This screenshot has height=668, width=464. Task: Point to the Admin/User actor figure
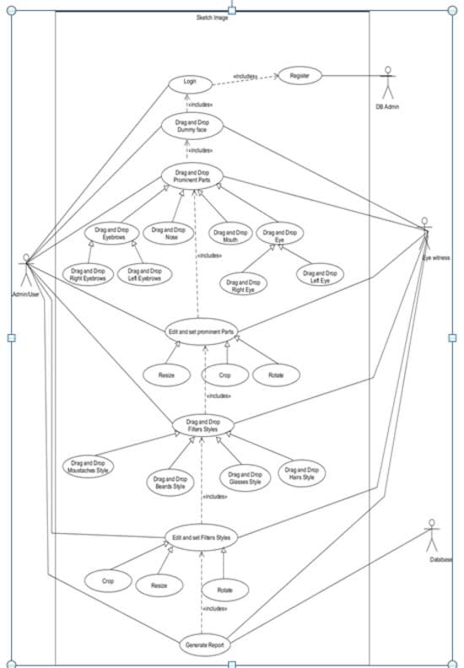pyautogui.click(x=27, y=270)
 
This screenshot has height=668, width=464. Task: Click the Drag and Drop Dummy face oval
pyautogui.click(x=192, y=127)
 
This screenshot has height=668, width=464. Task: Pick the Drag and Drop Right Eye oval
pyautogui.click(x=243, y=284)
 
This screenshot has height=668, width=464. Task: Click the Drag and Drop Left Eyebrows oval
pyautogui.click(x=144, y=274)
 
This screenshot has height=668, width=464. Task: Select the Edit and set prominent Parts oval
pyautogui.click(x=201, y=331)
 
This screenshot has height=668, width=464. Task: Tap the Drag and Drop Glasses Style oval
pyautogui.click(x=245, y=478)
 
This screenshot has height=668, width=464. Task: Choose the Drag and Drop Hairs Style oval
pyautogui.click(x=302, y=473)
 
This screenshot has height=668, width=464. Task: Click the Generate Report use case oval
pyautogui.click(x=202, y=645)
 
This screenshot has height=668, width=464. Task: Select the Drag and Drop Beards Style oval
pyautogui.click(x=170, y=482)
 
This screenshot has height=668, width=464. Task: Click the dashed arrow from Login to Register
pyautogui.click(x=245, y=79)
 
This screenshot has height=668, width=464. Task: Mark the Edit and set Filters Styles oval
pyautogui.click(x=200, y=537)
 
